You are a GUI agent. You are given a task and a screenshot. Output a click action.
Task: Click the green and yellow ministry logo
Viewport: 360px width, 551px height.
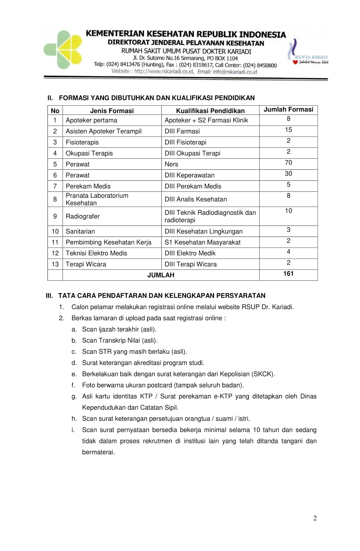click(x=63, y=50)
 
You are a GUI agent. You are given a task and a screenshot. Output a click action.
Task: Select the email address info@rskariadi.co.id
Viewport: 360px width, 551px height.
click(x=235, y=72)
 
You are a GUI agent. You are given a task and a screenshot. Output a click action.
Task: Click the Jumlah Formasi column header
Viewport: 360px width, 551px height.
click(x=288, y=110)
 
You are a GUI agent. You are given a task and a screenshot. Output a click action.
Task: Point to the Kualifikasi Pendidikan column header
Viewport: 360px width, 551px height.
click(x=210, y=111)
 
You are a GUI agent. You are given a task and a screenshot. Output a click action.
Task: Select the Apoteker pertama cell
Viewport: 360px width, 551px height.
click(x=92, y=120)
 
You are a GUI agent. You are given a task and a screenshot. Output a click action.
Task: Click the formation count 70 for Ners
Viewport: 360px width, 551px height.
click(x=288, y=163)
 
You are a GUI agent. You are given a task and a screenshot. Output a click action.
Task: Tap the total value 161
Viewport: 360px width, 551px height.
click(x=288, y=274)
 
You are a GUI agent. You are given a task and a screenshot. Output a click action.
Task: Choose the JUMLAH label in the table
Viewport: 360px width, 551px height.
click(x=161, y=275)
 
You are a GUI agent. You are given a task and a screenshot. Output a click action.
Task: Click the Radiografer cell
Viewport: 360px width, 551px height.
click(x=83, y=216)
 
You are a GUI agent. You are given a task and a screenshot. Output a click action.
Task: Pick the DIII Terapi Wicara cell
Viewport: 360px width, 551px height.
click(x=191, y=264)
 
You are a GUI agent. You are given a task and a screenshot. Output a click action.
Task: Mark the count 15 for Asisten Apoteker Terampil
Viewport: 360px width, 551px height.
click(x=288, y=130)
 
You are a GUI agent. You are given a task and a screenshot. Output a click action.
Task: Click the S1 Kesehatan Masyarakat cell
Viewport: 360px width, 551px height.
click(x=202, y=242)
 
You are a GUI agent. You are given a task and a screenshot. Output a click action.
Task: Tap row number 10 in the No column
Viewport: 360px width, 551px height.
click(x=55, y=231)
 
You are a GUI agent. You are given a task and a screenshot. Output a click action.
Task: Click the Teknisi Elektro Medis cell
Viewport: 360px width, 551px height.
click(x=96, y=253)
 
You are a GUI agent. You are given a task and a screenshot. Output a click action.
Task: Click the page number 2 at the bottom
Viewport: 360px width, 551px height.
click(x=315, y=518)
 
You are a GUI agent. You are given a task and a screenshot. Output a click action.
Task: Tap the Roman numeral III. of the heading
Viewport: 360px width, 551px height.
click(x=50, y=295)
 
